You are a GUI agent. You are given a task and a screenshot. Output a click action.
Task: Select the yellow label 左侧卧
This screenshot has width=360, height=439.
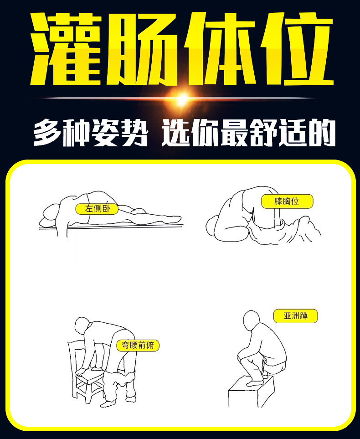coord(97,209)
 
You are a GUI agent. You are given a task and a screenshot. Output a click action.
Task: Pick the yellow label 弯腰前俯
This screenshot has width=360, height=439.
coord(138,346)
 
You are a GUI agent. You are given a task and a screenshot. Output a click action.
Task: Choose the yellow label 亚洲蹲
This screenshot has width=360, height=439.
coord(295,315)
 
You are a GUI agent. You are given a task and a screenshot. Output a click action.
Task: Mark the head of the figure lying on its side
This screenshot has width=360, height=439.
coord(51,214)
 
